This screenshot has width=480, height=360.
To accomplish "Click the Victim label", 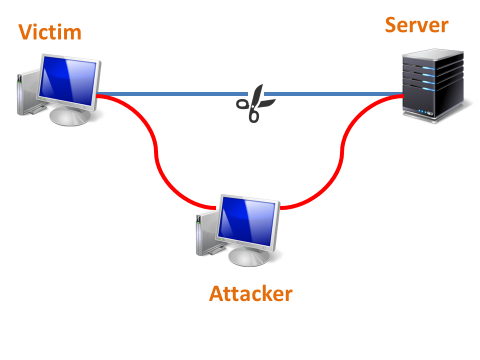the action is tap(50, 32).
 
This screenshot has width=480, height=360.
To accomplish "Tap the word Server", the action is tap(416, 25).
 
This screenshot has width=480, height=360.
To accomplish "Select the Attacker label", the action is tap(250, 293).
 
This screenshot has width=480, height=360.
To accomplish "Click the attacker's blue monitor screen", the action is tap(247, 220).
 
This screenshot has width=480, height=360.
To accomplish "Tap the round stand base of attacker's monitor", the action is tap(249, 257).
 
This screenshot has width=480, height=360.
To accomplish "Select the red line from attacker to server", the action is tap(341, 153).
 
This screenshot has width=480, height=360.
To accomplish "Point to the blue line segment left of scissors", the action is tap(172, 94).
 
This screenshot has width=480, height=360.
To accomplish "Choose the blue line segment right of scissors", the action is tap(333, 94).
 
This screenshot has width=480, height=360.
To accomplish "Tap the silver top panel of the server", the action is tap(432, 54).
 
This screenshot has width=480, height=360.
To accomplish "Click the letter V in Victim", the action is tap(25, 32).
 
